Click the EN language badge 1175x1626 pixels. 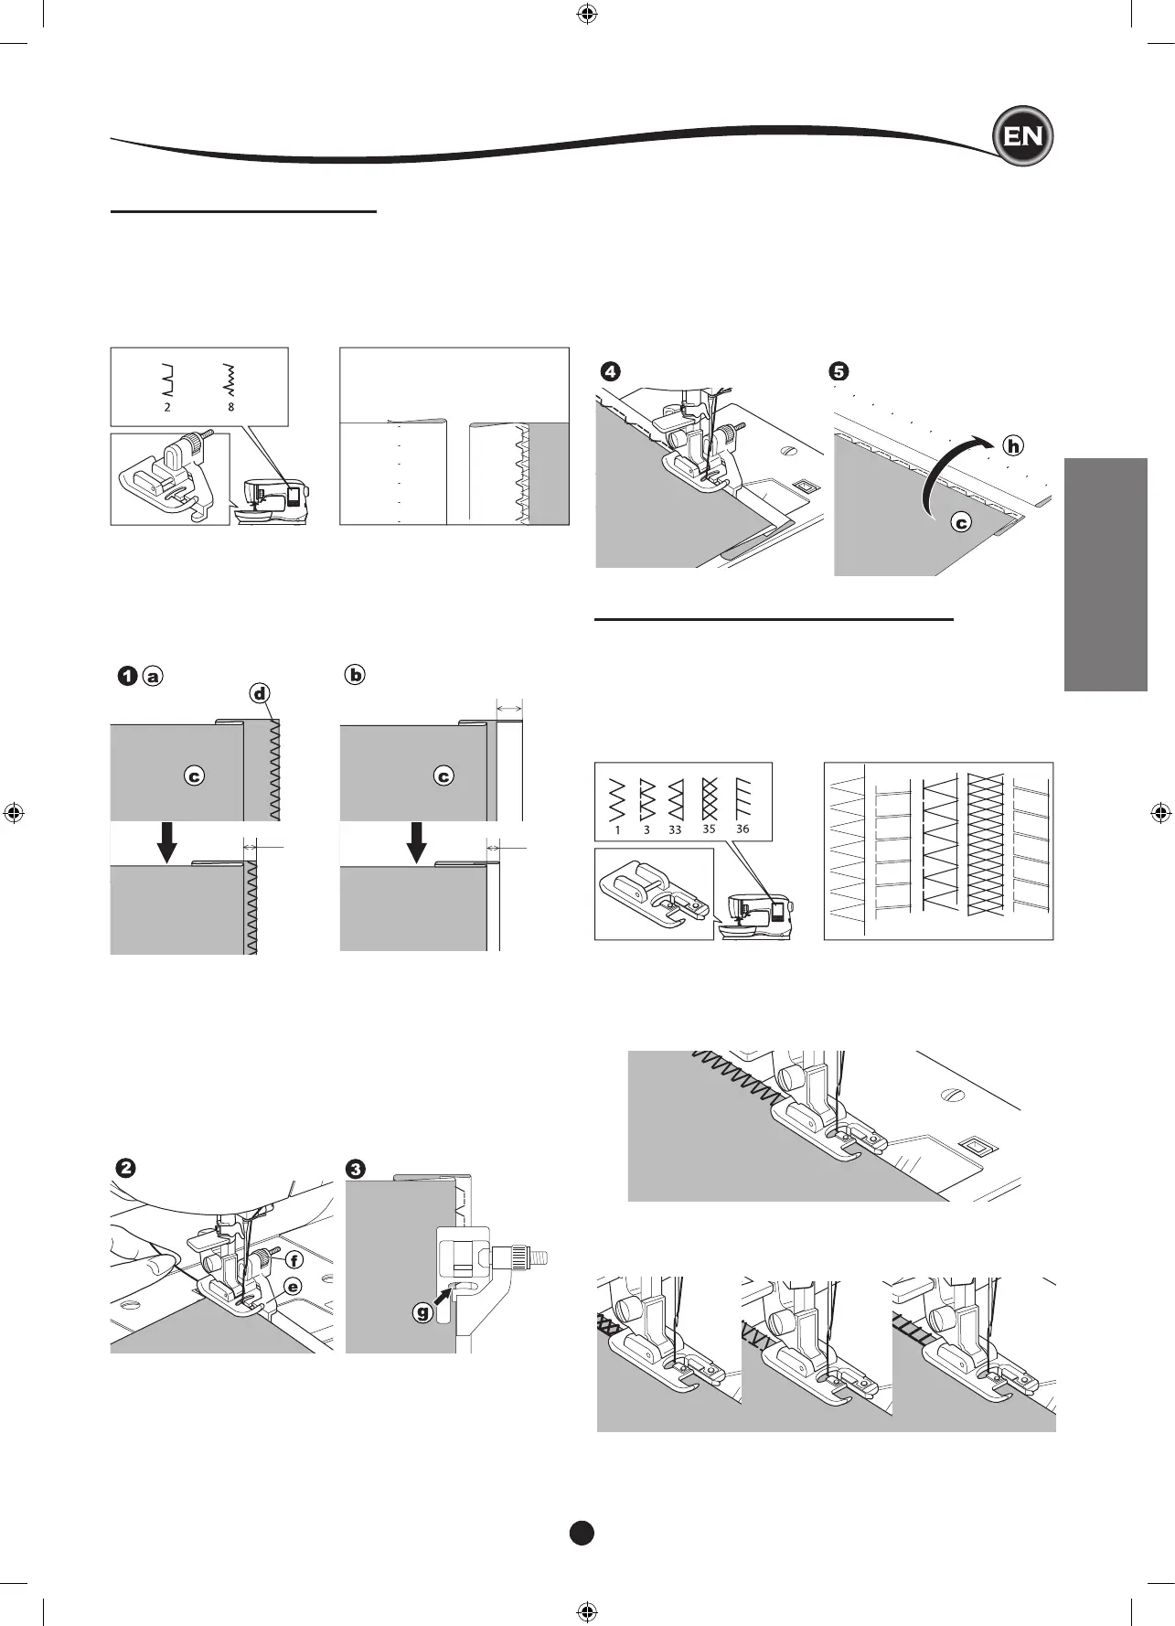1023,137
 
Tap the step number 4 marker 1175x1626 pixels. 610,371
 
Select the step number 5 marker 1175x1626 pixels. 839,371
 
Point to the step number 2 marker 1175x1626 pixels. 126,1168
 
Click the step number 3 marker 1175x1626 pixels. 356,1168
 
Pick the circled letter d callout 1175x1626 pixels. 261,693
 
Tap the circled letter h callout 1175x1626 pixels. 1013,446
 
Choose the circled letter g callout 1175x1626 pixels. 422,1313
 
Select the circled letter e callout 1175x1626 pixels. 293,1287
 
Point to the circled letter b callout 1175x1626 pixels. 355,675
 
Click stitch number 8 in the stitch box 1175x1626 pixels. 230,407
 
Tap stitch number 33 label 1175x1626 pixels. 675,829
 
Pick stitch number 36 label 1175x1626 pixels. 742,829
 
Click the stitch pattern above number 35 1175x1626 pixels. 710,798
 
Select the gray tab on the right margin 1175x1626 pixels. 1106,574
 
